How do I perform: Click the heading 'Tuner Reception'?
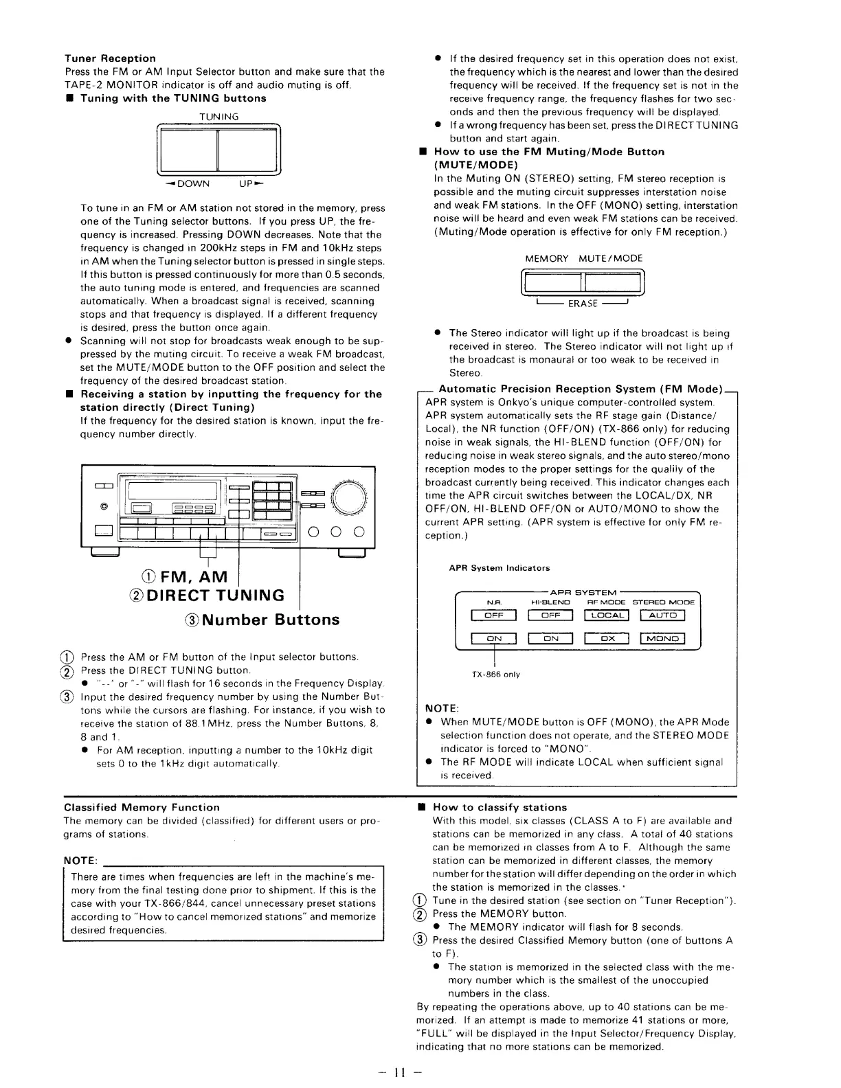pyautogui.click(x=110, y=58)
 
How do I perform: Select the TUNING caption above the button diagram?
pyautogui.click(x=218, y=117)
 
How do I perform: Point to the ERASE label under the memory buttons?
pyautogui.click(x=582, y=304)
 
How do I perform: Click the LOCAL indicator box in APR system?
pyautogui.click(x=606, y=615)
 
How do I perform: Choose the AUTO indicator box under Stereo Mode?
pyautogui.click(x=662, y=615)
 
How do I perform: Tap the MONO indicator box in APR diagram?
pyautogui.click(x=662, y=639)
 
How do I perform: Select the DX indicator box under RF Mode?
pyautogui.click(x=606, y=639)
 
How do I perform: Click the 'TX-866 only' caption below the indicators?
pyautogui.click(x=495, y=675)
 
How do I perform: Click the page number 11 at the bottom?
pyautogui.click(x=401, y=1072)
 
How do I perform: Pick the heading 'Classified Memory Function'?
pyautogui.click(x=142, y=807)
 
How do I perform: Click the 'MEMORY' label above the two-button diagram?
pyautogui.click(x=547, y=258)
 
